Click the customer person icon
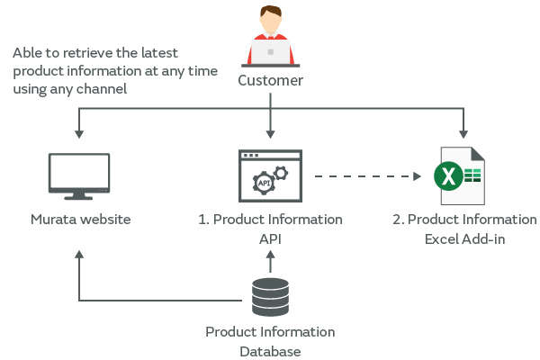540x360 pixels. coord(270,36)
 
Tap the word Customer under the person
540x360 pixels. coord(270,81)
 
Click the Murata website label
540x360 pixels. coord(81,220)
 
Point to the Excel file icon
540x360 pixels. coord(462,174)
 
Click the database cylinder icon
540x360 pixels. coord(270,297)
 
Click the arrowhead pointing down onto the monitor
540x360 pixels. coord(79,134)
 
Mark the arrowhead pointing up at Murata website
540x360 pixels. coord(79,255)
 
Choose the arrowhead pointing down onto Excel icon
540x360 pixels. coord(464,134)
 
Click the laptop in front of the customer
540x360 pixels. coord(270,53)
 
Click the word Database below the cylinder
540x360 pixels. coord(270,351)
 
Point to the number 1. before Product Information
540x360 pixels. coord(203,220)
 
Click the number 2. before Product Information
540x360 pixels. coord(398,220)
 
